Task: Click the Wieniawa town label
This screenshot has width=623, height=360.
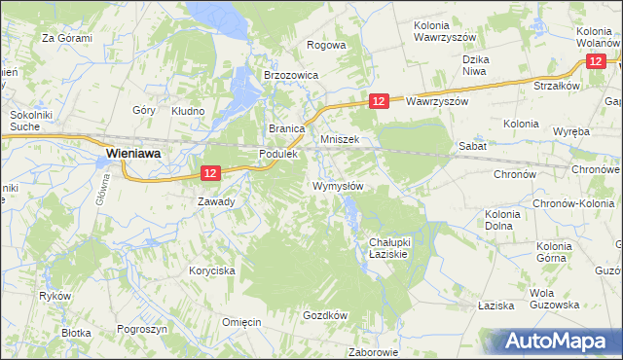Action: [x=133, y=153]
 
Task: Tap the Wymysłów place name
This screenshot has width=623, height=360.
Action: [x=338, y=186]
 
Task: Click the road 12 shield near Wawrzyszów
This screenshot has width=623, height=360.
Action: [x=380, y=101]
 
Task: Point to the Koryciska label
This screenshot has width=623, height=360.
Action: [x=212, y=271]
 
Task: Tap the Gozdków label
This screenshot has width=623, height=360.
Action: [x=325, y=315]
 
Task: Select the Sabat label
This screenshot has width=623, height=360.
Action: [x=473, y=145]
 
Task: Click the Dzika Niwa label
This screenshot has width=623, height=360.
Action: [x=474, y=64]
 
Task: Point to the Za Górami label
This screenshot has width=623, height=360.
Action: [x=66, y=38]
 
